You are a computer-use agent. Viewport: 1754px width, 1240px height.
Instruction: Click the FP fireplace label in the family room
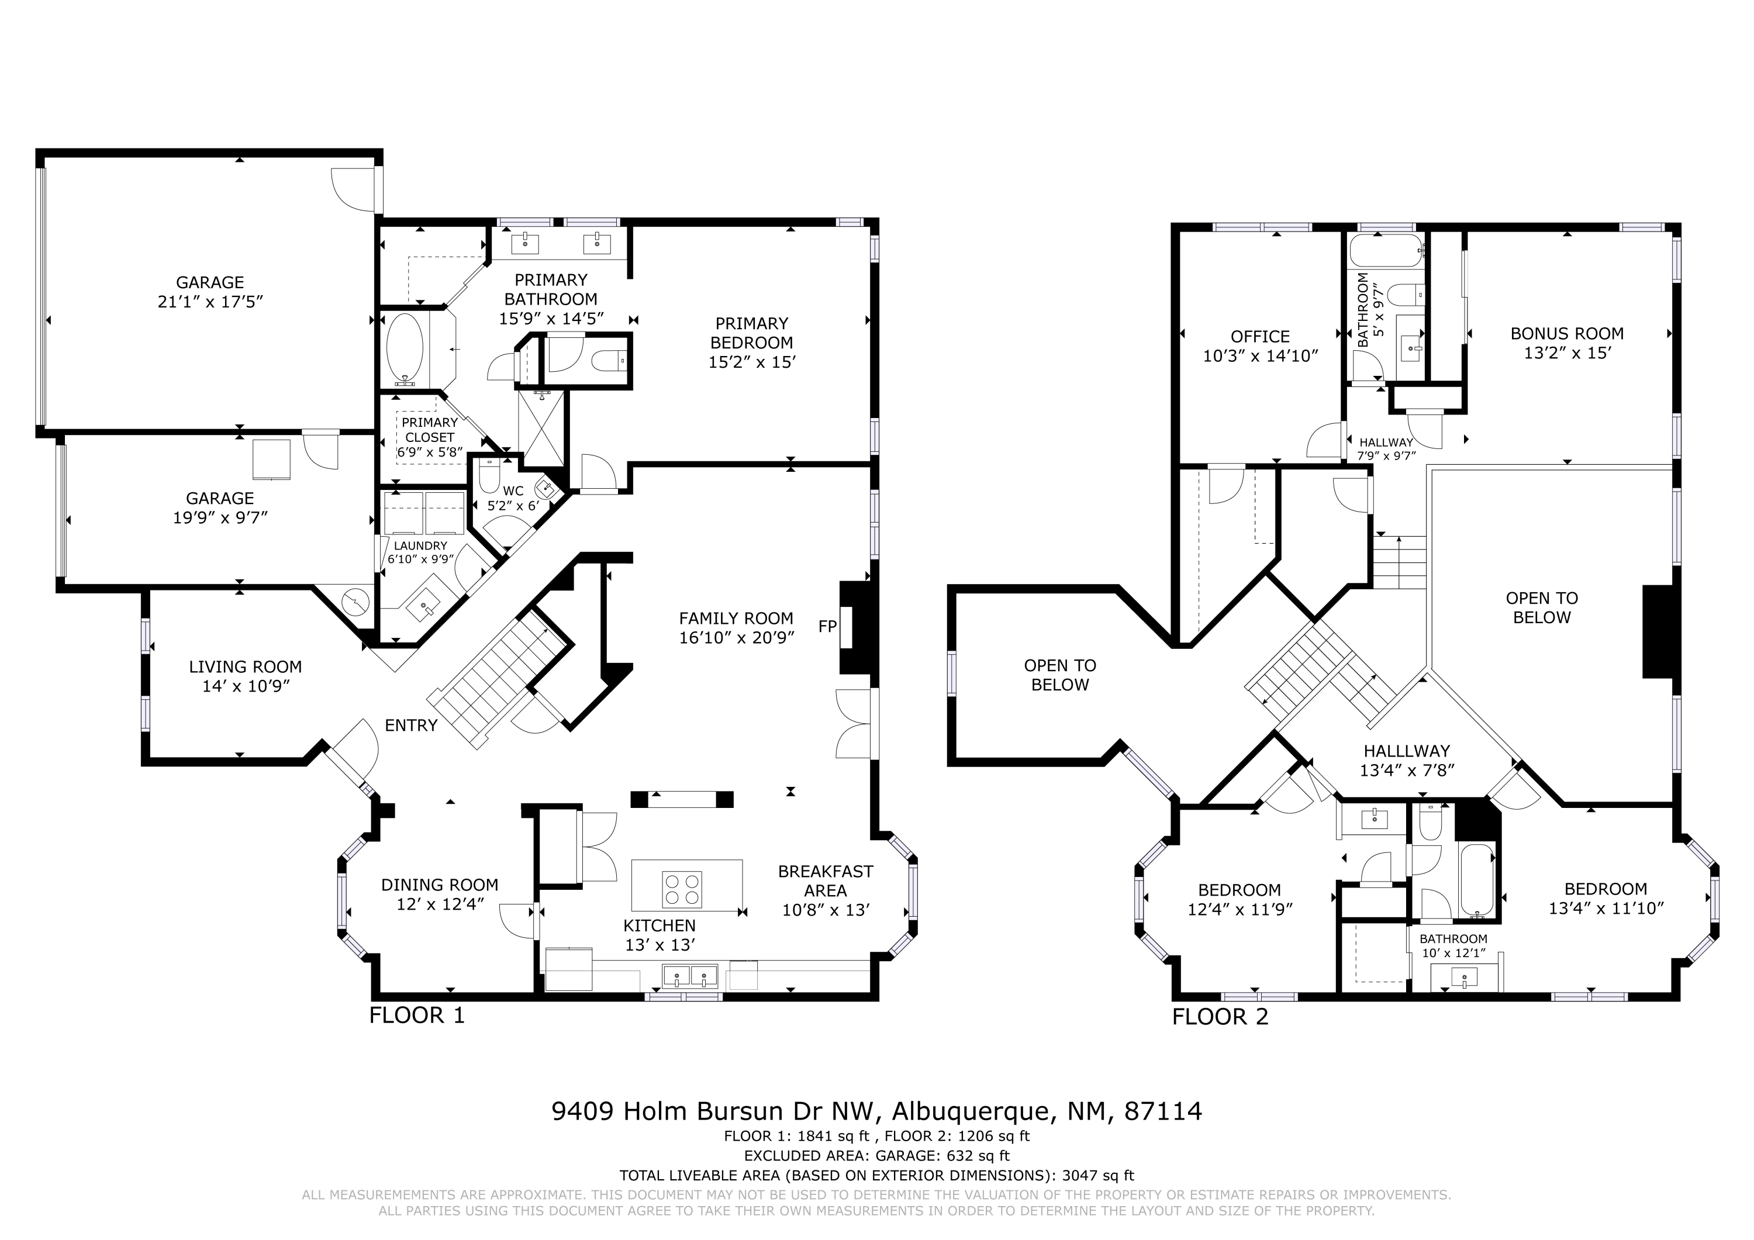(827, 627)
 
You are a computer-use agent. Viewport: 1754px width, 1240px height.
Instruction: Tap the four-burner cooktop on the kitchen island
(682, 889)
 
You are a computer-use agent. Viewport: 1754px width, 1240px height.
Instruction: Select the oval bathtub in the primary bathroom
(404, 349)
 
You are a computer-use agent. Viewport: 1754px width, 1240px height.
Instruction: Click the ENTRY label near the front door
(411, 725)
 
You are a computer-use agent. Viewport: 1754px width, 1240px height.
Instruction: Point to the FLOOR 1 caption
(417, 1016)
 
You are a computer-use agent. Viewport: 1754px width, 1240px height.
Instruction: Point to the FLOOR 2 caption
(1220, 1017)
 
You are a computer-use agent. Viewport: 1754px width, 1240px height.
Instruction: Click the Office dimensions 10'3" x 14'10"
(1261, 355)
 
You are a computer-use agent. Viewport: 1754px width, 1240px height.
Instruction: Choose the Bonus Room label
(1567, 334)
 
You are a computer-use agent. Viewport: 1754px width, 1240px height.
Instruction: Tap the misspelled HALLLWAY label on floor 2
(1406, 751)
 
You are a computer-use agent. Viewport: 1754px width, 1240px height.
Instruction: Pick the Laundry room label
(420, 545)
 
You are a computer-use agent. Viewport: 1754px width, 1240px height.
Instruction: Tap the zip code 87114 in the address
(1163, 1111)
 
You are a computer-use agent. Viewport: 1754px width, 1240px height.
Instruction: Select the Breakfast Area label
(825, 881)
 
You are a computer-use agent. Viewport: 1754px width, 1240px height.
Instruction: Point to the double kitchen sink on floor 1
(690, 976)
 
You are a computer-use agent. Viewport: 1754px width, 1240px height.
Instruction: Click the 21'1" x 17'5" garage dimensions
(210, 302)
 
